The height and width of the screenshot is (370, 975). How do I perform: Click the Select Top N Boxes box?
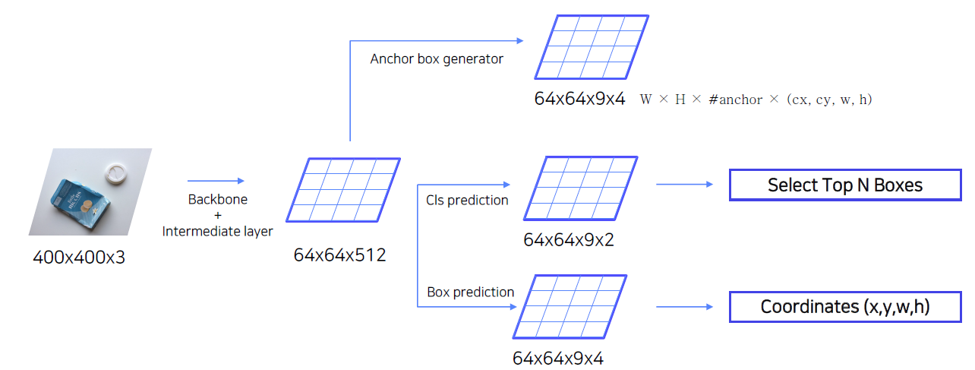tap(844, 185)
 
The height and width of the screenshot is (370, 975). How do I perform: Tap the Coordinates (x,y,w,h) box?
tap(844, 307)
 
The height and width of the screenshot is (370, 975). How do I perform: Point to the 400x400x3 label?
tap(79, 258)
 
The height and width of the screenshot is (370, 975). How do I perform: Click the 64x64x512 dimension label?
tap(339, 255)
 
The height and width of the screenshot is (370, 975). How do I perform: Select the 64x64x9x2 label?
tap(569, 240)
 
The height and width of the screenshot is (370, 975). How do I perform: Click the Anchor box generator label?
tap(437, 59)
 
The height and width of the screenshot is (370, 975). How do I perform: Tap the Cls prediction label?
tap(467, 200)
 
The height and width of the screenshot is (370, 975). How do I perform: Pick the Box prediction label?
tap(470, 292)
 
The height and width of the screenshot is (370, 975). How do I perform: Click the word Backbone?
tap(217, 200)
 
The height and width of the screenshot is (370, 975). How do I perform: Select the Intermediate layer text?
tap(217, 231)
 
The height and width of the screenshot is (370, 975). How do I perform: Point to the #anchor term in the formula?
tap(735, 100)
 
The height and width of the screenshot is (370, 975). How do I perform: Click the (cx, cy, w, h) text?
tap(829, 100)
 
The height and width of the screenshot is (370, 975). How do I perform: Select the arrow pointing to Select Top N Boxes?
tap(684, 184)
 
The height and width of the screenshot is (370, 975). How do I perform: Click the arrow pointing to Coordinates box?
tap(684, 307)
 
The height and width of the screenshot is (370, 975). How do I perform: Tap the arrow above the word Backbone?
tap(216, 181)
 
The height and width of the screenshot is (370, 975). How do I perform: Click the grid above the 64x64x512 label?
tap(342, 190)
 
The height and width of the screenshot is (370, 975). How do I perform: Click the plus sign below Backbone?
tap(217, 216)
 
